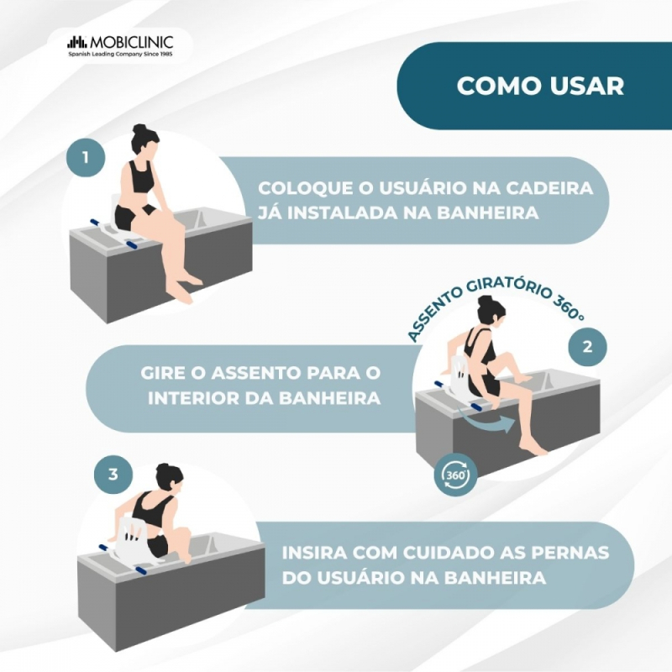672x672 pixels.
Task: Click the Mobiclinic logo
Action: pos(120,45)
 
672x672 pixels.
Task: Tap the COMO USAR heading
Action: pos(540,86)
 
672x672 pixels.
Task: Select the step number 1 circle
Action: pos(86,157)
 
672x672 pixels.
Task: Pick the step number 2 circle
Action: pos(587,346)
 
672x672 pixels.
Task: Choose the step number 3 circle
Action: pos(113,475)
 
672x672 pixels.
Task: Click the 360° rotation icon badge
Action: pos(455,475)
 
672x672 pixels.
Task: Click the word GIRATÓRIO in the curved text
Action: pos(507,287)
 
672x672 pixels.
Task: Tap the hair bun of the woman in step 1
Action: pos(139,129)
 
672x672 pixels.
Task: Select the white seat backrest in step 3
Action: pos(133,536)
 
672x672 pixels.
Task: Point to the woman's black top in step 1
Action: pos(139,176)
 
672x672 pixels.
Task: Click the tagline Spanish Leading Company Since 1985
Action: pos(120,55)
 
